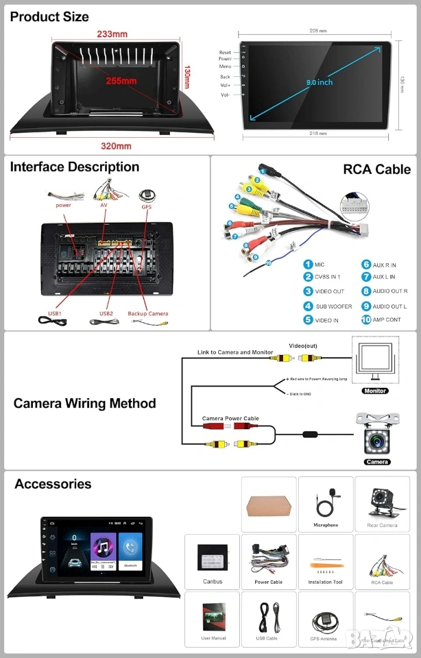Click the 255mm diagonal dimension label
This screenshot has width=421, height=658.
tap(121, 81)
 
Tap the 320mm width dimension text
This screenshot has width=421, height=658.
tap(116, 146)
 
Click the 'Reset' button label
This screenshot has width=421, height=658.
tap(225, 53)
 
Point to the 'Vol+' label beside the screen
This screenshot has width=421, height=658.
tap(225, 85)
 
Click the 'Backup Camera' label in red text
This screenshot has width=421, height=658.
tap(147, 314)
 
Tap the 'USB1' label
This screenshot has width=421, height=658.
tap(54, 314)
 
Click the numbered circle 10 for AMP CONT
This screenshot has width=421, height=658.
tap(367, 319)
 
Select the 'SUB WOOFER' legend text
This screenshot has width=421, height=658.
tap(333, 306)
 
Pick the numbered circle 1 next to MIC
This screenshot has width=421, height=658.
tap(309, 265)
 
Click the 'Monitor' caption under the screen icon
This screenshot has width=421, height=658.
tap(375, 391)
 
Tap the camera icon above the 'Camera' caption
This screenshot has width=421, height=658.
tap(377, 436)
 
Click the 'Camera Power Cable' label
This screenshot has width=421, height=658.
tap(230, 418)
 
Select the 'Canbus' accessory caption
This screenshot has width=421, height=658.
tap(212, 582)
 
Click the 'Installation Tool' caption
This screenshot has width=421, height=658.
tap(326, 582)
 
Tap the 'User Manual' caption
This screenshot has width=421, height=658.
tap(213, 639)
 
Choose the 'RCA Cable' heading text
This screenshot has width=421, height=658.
tap(376, 169)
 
